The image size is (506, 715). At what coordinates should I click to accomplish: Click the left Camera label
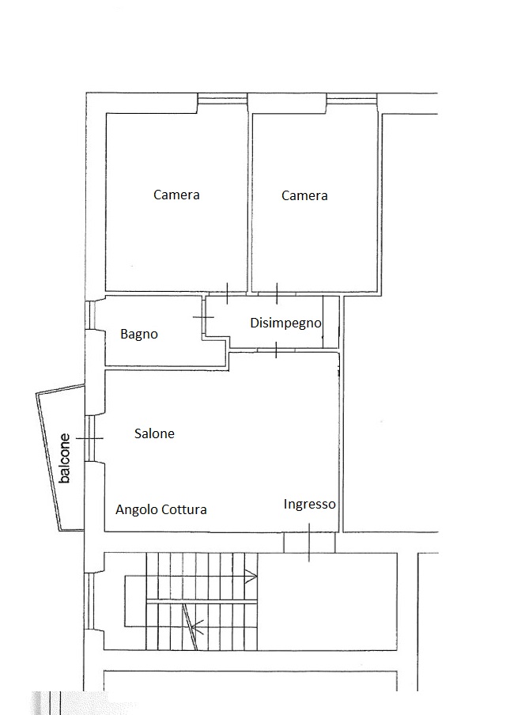coord(176,195)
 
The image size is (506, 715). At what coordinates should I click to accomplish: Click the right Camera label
coord(304,195)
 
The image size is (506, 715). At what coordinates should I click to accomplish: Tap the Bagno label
coord(139,335)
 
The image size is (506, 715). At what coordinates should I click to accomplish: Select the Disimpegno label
coord(286,323)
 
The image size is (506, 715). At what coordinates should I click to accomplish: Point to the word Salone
coord(154,433)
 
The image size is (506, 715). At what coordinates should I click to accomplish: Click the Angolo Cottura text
coord(161,509)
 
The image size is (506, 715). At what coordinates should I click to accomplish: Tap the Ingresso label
coord(309,504)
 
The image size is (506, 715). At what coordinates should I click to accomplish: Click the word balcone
coord(65,458)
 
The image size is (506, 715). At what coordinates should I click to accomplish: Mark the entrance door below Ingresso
coord(309,543)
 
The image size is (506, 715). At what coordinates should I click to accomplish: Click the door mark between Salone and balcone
coord(90,438)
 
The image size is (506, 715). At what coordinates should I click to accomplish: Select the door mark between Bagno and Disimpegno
coord(203,317)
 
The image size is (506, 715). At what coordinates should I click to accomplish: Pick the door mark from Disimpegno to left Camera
coord(227,293)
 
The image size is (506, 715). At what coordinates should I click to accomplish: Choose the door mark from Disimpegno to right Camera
coord(277,293)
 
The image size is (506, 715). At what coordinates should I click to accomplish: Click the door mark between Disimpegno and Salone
coord(276,350)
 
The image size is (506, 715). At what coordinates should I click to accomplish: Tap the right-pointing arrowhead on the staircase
coord(251,577)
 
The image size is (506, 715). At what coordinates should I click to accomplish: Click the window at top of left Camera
coord(222,99)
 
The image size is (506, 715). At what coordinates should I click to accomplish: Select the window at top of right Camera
coord(352,99)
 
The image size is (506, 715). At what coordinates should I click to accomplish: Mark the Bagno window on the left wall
coord(91,315)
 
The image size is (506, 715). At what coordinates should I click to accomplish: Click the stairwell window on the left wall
coord(90,601)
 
